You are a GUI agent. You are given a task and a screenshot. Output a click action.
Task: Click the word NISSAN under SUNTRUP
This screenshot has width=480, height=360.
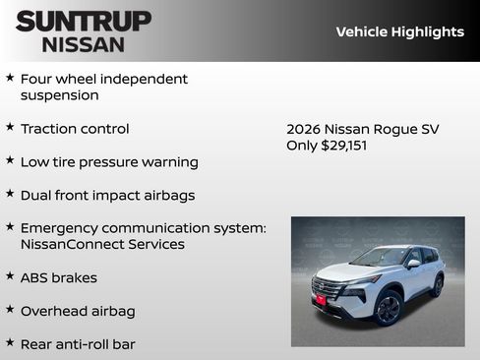point(84,43)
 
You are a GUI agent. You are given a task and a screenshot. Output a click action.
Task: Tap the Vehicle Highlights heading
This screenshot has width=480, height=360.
point(399,31)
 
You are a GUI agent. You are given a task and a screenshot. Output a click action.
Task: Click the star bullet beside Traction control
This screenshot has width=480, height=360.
point(10,128)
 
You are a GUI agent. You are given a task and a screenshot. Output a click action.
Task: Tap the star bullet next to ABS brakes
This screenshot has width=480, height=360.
point(10,276)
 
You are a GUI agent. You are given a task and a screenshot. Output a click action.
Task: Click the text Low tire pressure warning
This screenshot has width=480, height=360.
point(109,161)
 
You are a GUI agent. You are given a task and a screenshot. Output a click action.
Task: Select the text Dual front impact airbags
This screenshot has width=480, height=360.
point(107,195)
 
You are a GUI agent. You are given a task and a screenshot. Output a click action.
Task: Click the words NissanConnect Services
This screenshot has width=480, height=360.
point(102,244)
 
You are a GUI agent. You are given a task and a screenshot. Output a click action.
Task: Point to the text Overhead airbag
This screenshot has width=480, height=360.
point(78,311)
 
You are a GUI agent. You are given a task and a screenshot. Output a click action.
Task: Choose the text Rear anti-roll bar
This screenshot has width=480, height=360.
point(78,344)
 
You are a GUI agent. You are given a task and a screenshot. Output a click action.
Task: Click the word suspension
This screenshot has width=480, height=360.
point(60,95)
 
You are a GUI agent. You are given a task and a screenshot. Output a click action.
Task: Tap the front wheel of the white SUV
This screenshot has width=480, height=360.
point(388,308)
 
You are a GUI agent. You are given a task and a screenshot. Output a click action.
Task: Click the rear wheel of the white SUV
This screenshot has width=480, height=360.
point(437,285)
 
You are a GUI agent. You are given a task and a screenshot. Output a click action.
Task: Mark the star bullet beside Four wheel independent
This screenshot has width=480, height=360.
point(10,78)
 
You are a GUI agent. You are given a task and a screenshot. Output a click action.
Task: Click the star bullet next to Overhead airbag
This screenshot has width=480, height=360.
point(10,310)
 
